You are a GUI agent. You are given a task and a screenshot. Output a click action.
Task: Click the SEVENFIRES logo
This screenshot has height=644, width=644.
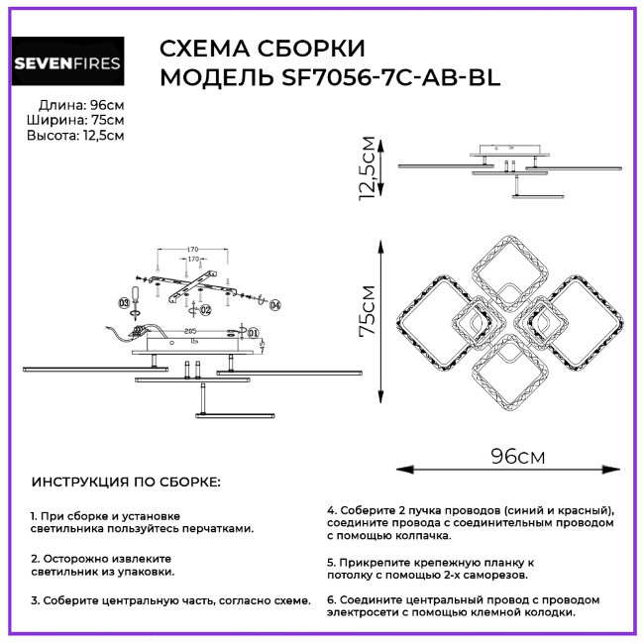(67, 63)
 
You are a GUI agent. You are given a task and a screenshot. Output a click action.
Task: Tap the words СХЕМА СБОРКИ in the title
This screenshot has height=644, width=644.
(263, 50)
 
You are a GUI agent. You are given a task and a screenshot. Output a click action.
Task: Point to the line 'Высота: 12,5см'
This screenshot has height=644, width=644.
(75, 135)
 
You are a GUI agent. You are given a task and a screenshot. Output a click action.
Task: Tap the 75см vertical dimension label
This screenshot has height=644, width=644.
(368, 311)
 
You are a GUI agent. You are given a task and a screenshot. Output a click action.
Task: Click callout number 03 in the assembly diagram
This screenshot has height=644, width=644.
(124, 300)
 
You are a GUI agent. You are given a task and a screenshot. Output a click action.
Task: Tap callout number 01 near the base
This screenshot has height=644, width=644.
(253, 333)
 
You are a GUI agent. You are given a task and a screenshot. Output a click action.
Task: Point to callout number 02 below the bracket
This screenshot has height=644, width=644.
(206, 310)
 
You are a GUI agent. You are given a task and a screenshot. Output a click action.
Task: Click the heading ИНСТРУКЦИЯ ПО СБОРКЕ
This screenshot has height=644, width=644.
(127, 482)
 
